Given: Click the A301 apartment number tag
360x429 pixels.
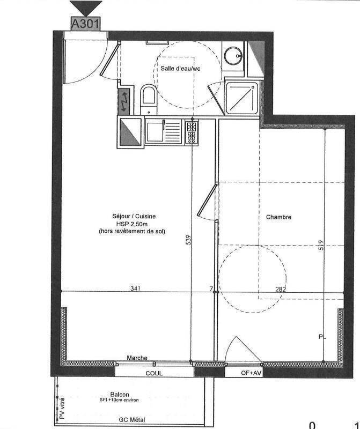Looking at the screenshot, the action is (85, 24).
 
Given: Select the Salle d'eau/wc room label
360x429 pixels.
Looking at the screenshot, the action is (180, 69).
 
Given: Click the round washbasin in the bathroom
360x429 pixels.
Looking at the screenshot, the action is (233, 55).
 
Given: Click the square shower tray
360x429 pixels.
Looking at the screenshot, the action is (242, 98).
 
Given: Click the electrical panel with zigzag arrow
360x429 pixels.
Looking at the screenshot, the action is (124, 101).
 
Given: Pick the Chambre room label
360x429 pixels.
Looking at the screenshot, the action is (278, 217).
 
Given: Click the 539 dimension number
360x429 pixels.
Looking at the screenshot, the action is (188, 240).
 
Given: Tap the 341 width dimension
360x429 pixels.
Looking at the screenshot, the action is (135, 289).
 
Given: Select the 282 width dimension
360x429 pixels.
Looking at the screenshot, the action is (281, 289).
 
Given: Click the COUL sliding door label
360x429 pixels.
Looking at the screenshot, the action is (154, 373).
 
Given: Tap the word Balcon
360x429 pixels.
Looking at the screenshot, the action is (120, 395).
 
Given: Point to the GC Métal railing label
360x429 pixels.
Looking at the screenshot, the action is (132, 420).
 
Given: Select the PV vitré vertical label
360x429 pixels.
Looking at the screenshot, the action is (62, 408).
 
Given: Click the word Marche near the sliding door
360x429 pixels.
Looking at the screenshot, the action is (137, 358).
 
